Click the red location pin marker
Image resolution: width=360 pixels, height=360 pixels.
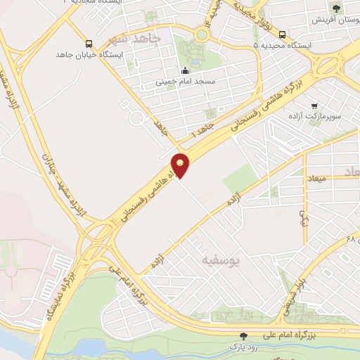pyautogui.click(x=181, y=165)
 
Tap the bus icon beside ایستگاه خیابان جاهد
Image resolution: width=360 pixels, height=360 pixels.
pyautogui.click(x=87, y=42)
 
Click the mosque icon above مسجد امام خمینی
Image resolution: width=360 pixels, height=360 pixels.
pyautogui.click(x=185, y=70)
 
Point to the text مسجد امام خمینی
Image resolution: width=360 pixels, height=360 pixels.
pyautogui.click(x=185, y=82)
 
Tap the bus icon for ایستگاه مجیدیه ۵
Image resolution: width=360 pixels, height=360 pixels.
pyautogui.click(x=282, y=34)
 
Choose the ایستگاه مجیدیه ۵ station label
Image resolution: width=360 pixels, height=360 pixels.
pyautogui.click(x=282, y=46)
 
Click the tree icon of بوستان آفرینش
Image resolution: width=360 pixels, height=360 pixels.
pyautogui.click(x=336, y=8)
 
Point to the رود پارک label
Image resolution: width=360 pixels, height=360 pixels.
pyautogui.click(x=243, y=347)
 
